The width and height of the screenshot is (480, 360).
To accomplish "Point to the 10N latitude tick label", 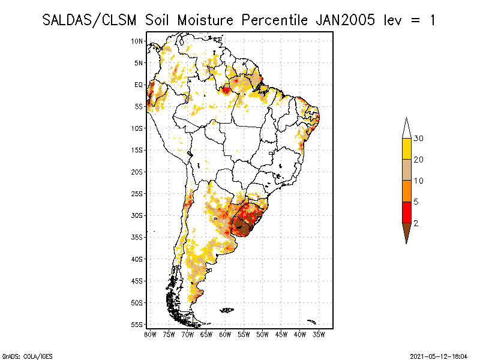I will pos(137,41).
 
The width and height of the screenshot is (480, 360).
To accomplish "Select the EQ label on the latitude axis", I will pos(139,85).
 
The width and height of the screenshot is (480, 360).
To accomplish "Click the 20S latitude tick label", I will pos(137,172).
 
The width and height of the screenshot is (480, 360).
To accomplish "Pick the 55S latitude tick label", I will pos(137,324).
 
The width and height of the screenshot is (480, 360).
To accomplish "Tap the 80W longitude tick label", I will pos(150,334).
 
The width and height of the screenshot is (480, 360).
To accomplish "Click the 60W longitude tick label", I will pos(225,334).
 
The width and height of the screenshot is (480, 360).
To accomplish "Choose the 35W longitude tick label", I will pos(319,334).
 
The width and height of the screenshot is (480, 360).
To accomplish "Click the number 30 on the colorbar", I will pos(419,139).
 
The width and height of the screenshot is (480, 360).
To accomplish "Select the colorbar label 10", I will pos(419,181).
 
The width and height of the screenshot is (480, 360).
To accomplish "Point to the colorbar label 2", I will pos(416,223).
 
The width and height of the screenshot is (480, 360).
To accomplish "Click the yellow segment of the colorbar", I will pos(406,149).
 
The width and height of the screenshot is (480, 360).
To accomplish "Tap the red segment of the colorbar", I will pos(406,212).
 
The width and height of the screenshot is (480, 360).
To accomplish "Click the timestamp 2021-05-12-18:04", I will pos(438,356).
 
